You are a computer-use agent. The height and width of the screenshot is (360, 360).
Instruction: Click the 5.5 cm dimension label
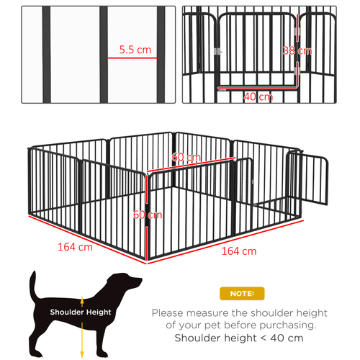[x=135, y=49]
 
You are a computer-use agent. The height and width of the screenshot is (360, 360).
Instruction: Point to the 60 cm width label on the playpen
[x=186, y=158]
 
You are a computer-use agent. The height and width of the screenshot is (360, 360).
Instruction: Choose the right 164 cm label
[x=240, y=251]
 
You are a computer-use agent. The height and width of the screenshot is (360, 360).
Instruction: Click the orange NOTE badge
[x=241, y=294]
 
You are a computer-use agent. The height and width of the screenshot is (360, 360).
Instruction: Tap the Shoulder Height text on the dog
[x=81, y=312]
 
